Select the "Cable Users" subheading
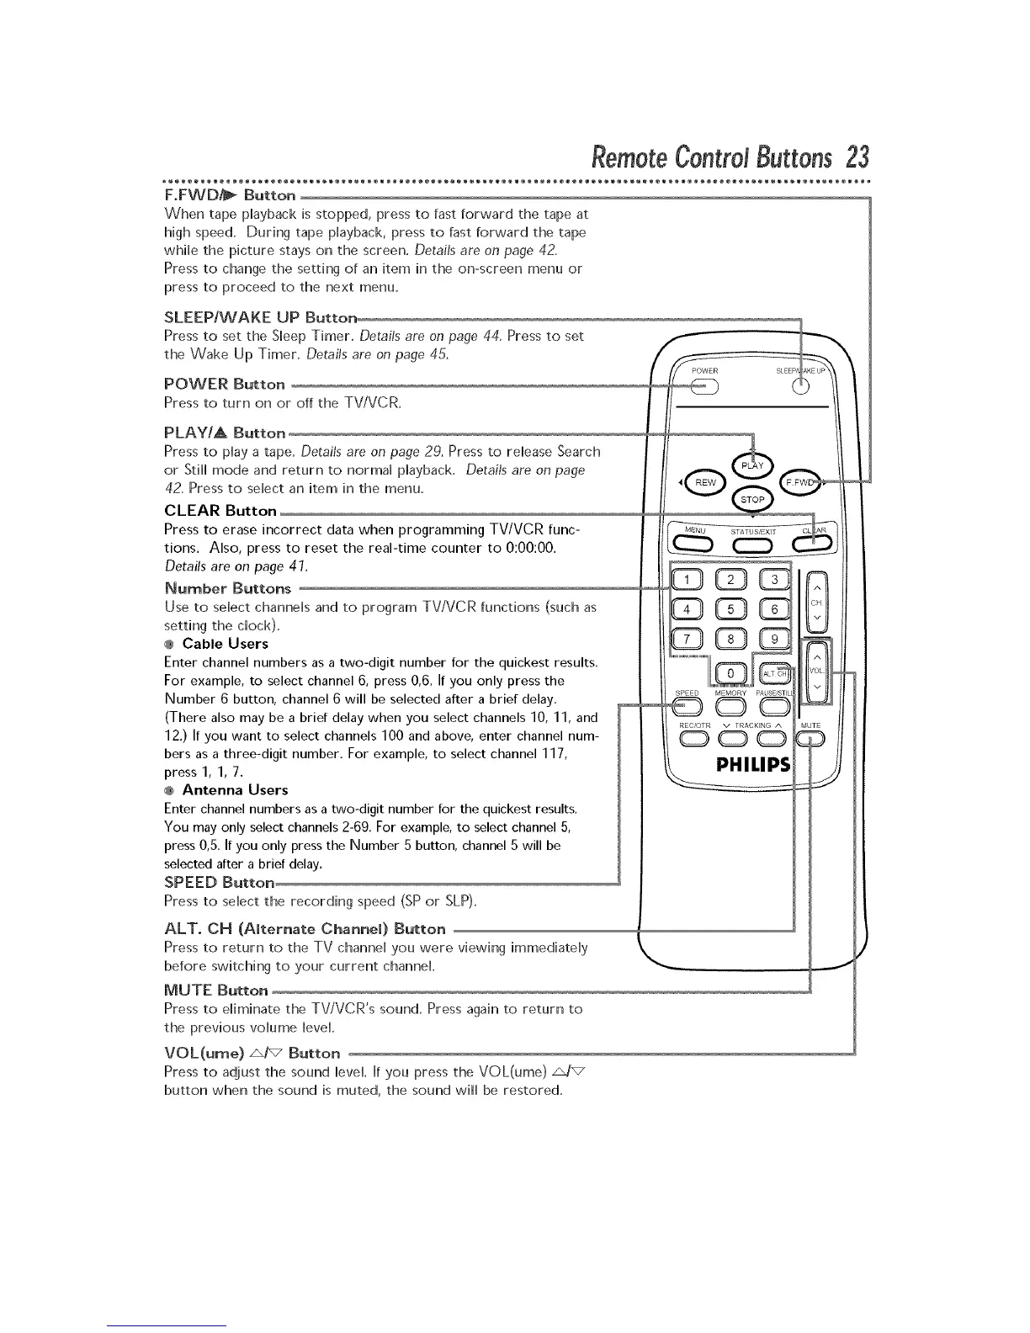[x=225, y=644]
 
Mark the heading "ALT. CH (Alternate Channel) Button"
[x=305, y=929]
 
